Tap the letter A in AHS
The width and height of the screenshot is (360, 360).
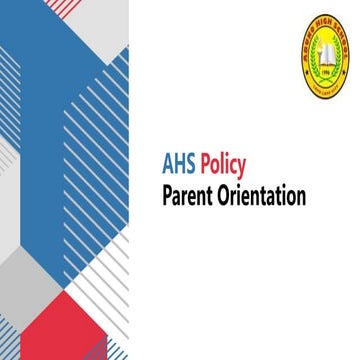168,163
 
